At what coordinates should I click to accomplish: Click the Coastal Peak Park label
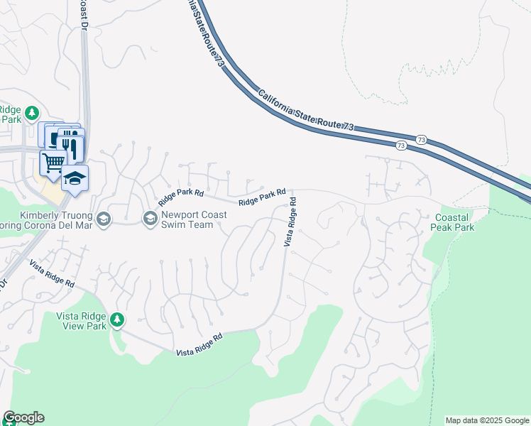click(x=454, y=222)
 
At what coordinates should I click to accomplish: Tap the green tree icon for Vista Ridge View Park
click(x=117, y=321)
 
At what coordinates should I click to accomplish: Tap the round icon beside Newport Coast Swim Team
click(x=150, y=219)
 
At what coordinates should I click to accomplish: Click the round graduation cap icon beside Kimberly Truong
click(x=104, y=219)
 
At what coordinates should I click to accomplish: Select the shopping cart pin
click(x=53, y=163)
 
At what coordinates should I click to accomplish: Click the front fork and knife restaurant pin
click(x=71, y=146)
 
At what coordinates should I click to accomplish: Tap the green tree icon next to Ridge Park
click(x=31, y=113)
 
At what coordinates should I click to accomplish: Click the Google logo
click(x=23, y=417)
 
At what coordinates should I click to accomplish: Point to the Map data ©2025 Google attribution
click(x=488, y=420)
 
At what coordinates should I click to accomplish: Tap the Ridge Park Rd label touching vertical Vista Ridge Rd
click(x=262, y=197)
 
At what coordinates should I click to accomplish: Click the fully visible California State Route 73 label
click(x=306, y=109)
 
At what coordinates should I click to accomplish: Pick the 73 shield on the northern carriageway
click(x=422, y=138)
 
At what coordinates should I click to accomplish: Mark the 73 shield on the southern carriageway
click(x=401, y=146)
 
